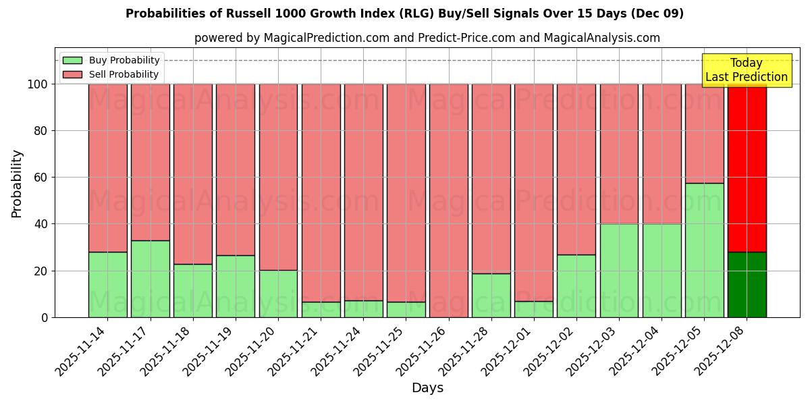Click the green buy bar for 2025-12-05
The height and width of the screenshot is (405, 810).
tap(704, 250)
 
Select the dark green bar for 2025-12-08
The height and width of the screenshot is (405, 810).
tap(747, 284)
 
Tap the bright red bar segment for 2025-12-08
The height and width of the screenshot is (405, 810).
tap(747, 169)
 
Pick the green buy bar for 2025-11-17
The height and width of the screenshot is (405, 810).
tap(150, 278)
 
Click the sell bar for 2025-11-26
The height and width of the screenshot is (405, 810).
tap(448, 200)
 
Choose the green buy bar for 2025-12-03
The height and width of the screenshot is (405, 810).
tap(619, 270)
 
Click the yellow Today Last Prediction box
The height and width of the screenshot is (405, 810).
tap(746, 70)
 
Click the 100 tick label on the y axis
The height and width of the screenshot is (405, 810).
tap(36, 84)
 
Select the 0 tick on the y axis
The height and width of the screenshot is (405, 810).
tap(45, 317)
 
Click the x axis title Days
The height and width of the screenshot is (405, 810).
tap(427, 388)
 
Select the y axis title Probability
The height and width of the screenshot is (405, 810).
tap(17, 183)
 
